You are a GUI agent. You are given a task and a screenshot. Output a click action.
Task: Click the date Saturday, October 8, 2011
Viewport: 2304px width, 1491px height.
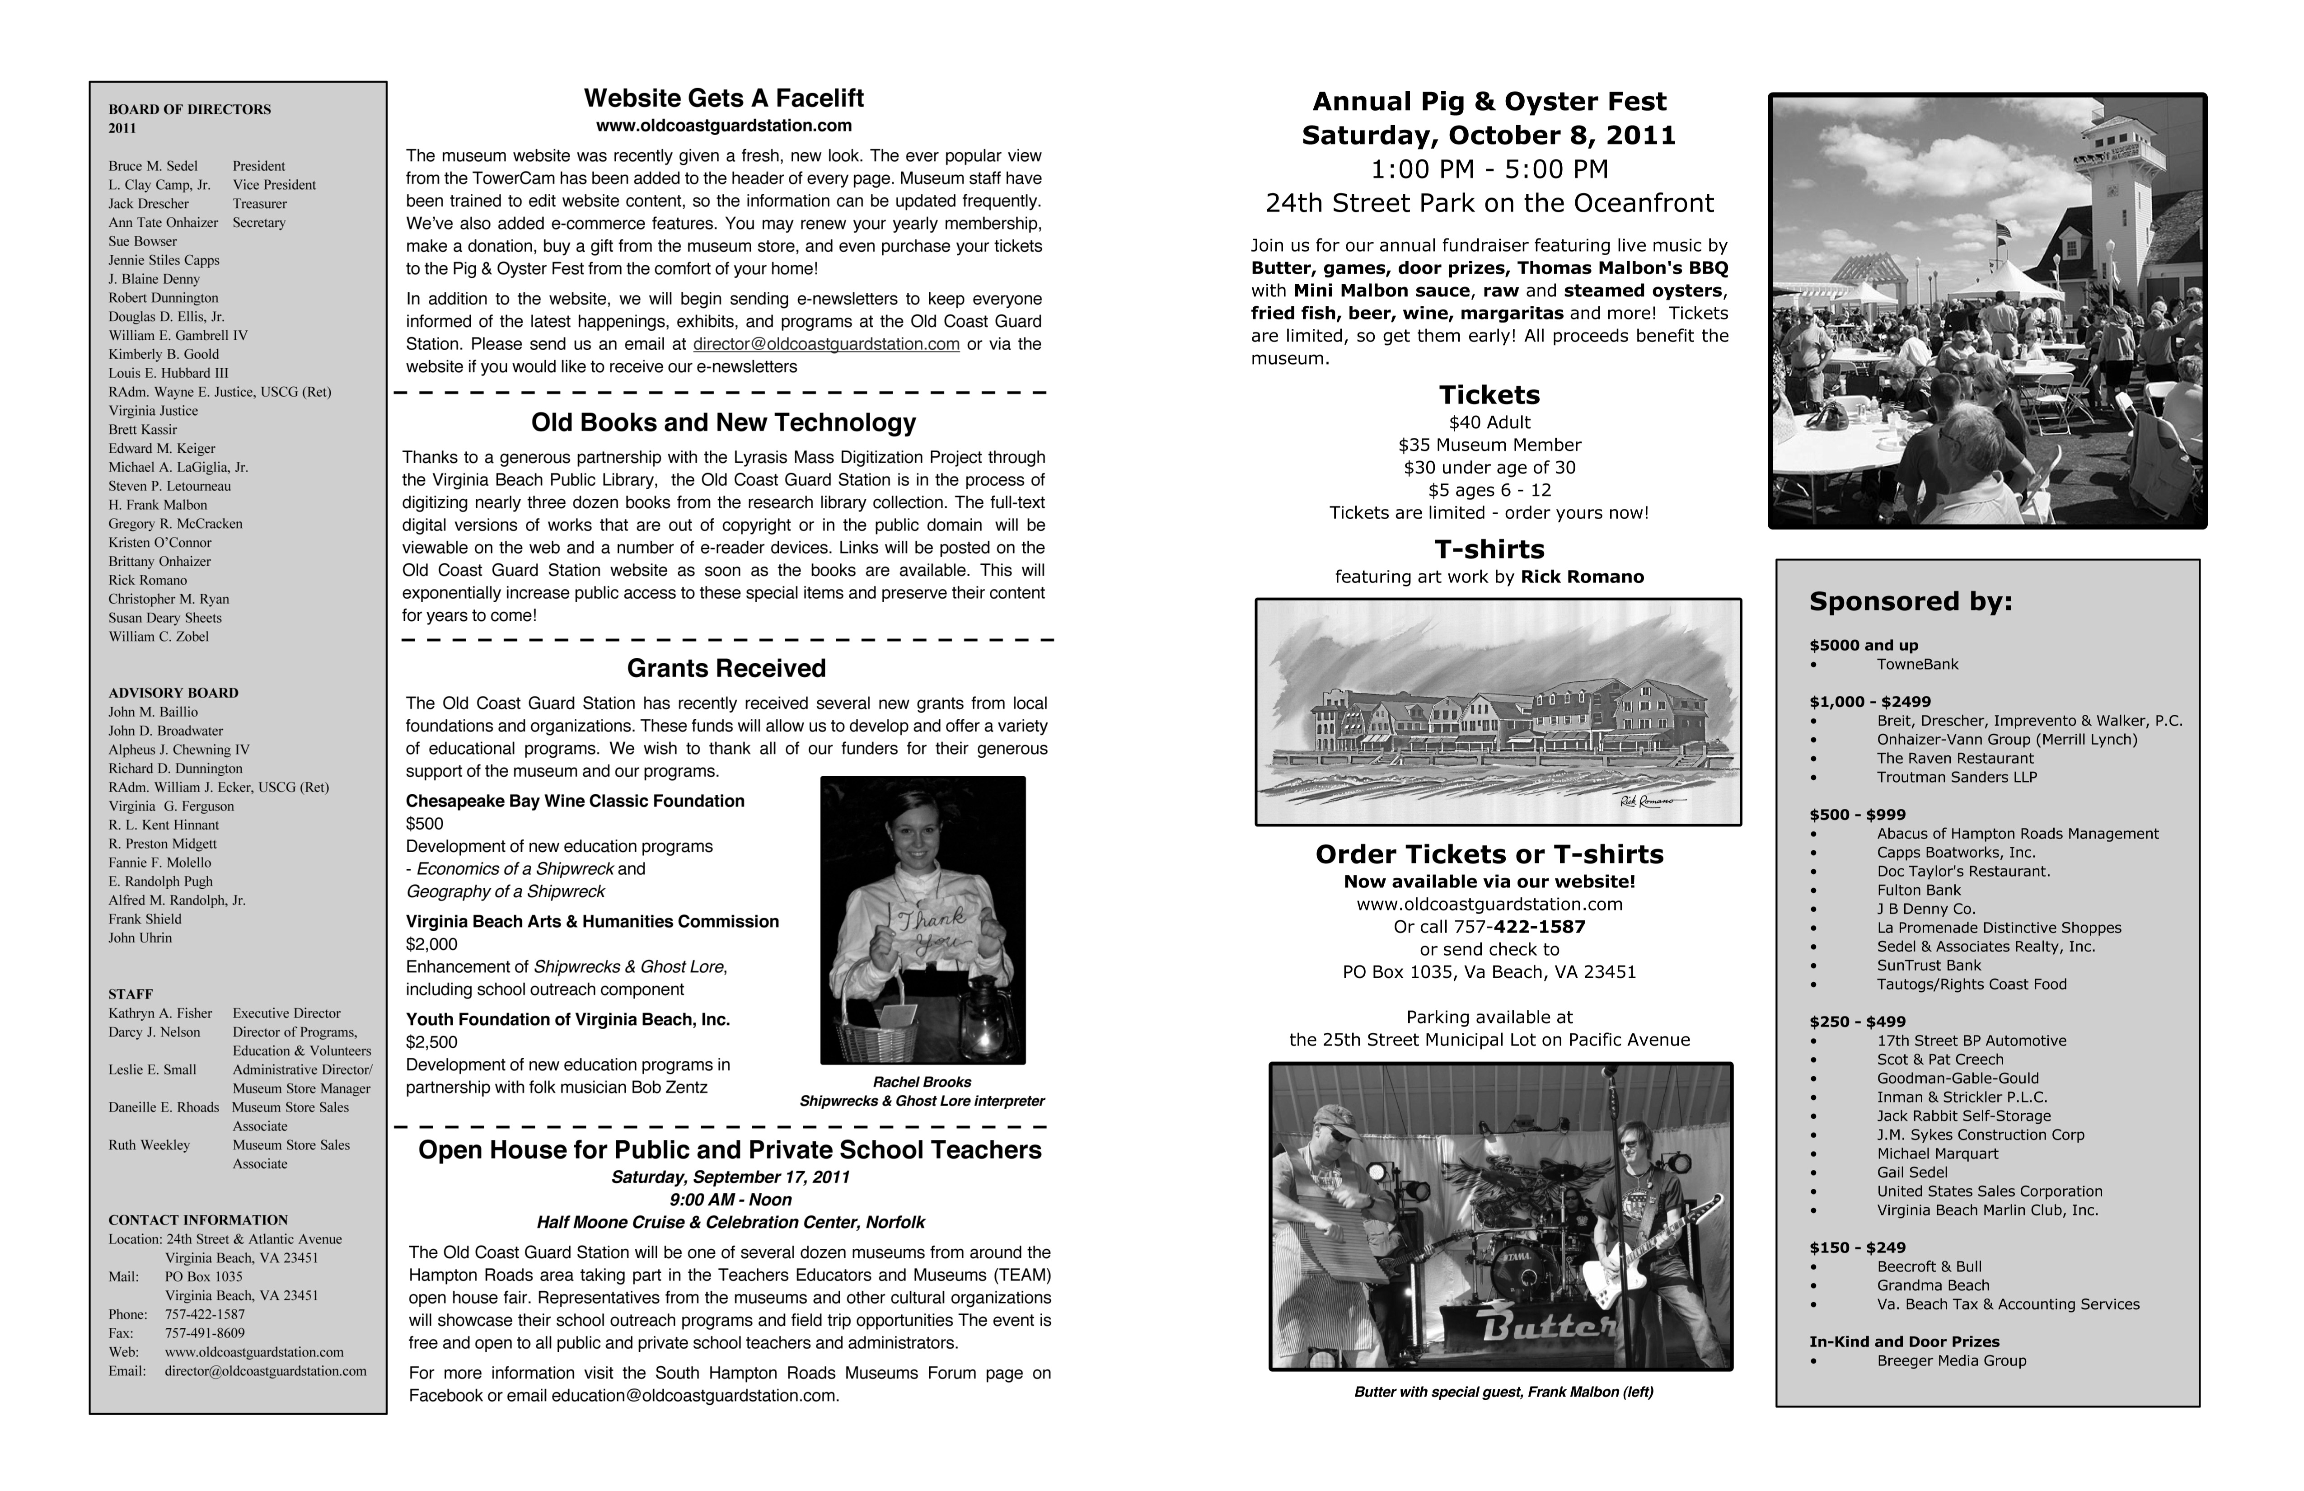[1488, 136]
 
